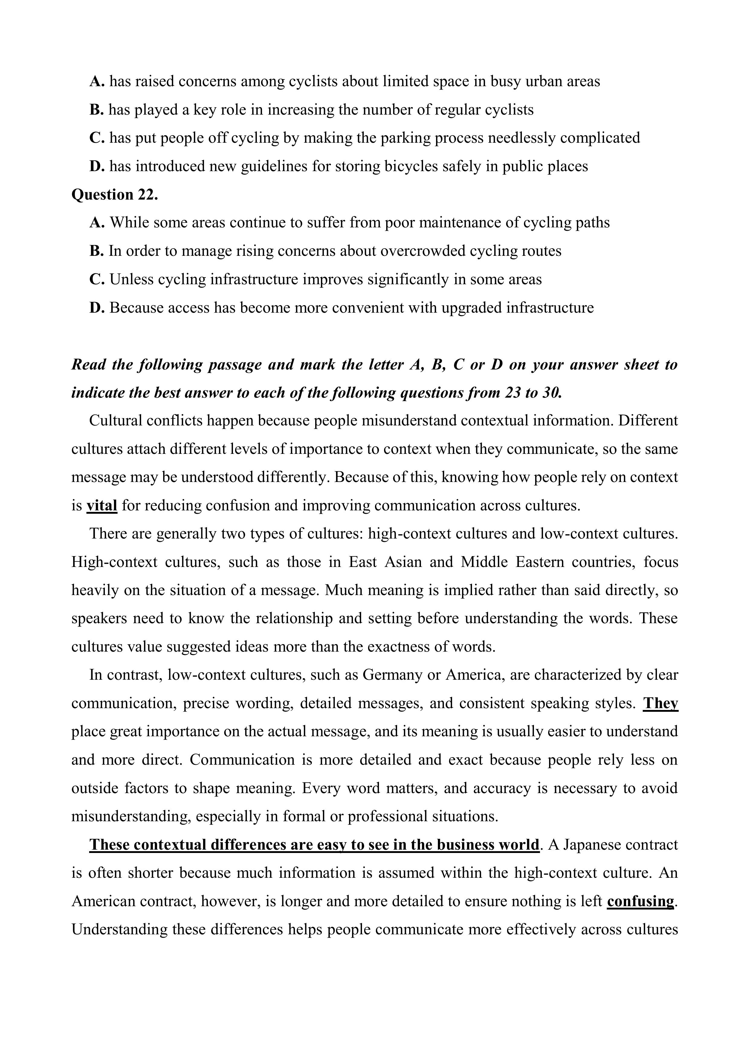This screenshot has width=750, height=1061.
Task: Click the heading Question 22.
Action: [115, 194]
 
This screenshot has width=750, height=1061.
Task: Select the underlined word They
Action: [661, 703]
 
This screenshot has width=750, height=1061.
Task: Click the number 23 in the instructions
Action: [512, 393]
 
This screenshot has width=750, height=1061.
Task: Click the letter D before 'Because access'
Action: [96, 308]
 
